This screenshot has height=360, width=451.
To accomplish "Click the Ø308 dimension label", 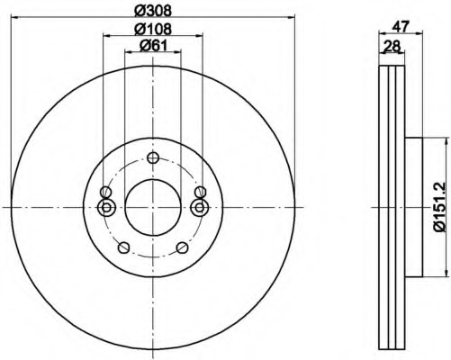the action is point(152,11).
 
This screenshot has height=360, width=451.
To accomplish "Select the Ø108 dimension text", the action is point(152,29).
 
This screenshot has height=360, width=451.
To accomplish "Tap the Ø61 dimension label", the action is point(153,46).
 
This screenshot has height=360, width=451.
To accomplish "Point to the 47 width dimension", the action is point(401,27).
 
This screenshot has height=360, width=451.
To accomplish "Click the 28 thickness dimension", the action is point(392,46).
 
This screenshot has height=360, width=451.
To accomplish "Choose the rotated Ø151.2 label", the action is point(440,208).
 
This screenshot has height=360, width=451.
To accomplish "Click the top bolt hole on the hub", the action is point(153,157).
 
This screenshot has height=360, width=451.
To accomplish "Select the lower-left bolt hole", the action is point(123,247).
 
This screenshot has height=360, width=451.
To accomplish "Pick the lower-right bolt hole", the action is point(182,247).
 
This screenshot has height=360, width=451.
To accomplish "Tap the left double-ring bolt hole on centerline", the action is point(106,207).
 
